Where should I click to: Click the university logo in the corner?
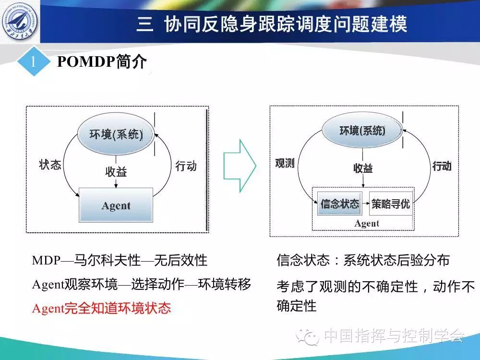(x=20, y=22)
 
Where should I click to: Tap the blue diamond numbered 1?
(x=34, y=61)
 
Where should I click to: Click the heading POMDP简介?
(x=102, y=61)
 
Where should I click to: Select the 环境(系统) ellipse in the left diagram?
(x=116, y=134)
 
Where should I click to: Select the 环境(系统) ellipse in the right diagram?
(x=362, y=131)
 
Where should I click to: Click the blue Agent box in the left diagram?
(x=116, y=205)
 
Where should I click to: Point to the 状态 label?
(x=50, y=164)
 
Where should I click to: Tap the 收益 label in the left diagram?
(x=116, y=171)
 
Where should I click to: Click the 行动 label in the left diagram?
(x=186, y=166)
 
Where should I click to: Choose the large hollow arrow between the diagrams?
(x=240, y=166)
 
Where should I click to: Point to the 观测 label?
(x=285, y=163)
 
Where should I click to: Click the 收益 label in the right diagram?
(x=363, y=168)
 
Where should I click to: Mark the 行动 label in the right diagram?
(x=442, y=166)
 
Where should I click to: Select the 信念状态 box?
(x=340, y=204)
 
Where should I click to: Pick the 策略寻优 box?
(x=391, y=204)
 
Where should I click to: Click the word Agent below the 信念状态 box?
(x=366, y=224)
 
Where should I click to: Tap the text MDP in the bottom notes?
(x=46, y=261)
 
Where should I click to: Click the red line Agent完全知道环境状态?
(x=101, y=308)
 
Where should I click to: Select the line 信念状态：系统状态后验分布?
(x=363, y=260)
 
